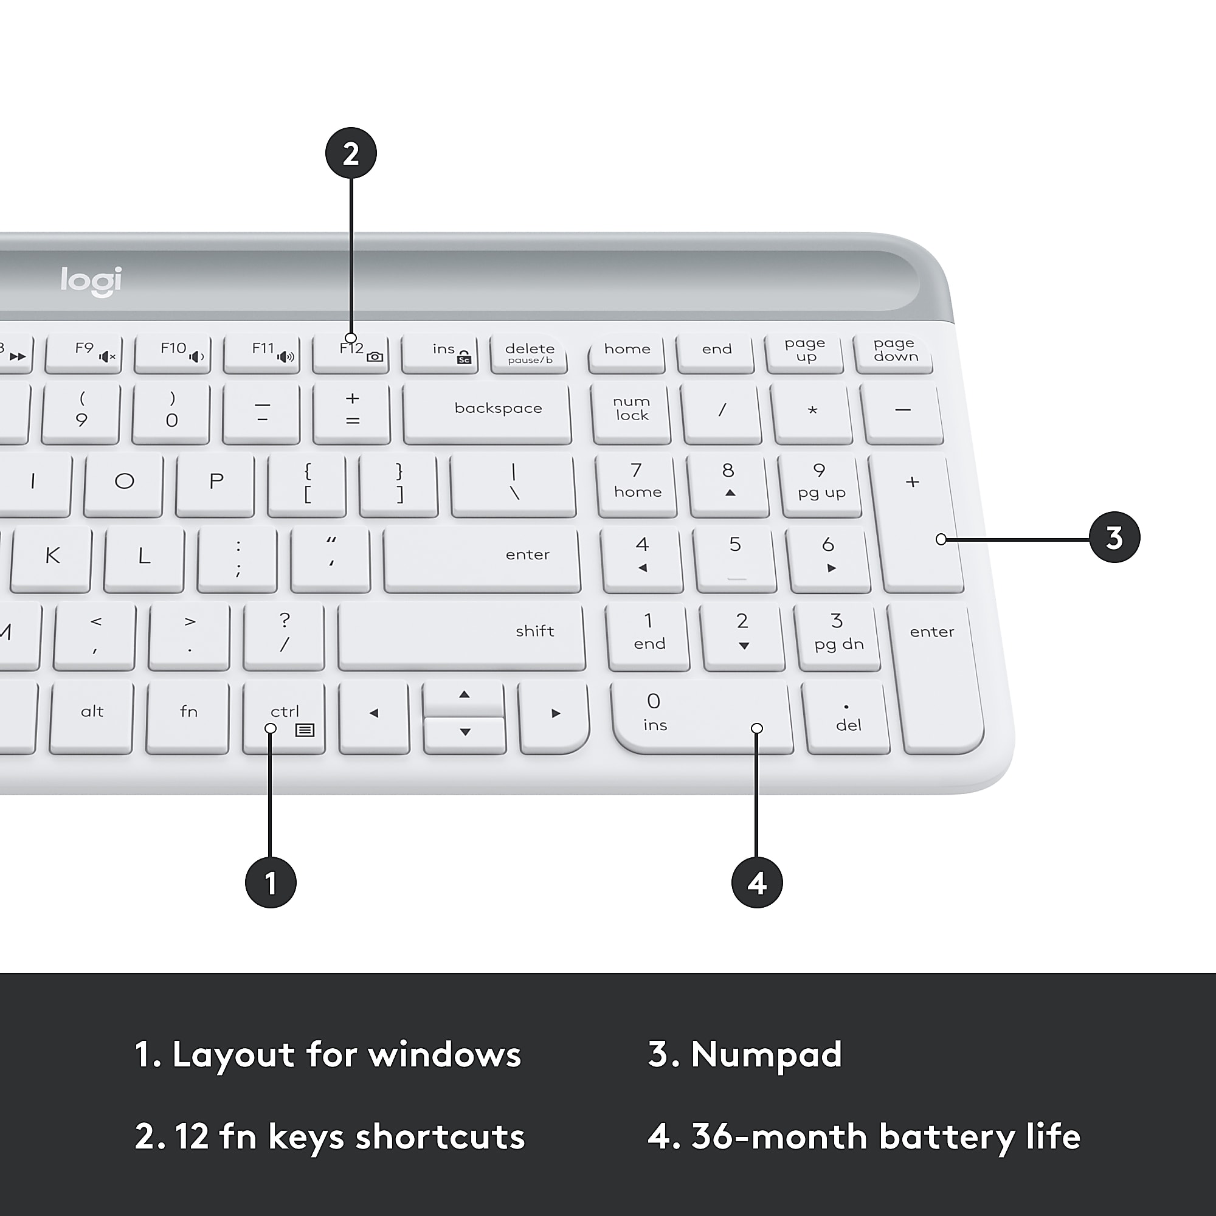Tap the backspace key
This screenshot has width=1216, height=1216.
tap(488, 412)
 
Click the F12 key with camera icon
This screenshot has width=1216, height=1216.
tap(351, 353)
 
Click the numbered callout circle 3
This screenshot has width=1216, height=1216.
tap(1114, 537)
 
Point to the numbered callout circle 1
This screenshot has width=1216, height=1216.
tap(271, 882)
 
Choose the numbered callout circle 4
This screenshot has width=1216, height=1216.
tap(756, 882)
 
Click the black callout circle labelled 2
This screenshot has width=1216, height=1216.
tap(351, 154)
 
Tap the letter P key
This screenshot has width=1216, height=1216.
tap(216, 483)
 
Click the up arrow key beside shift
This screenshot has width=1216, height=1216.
tap(464, 696)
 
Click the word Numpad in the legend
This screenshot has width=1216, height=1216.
tap(766, 1054)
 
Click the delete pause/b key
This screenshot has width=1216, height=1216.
tap(530, 353)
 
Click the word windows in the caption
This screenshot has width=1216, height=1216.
tap(444, 1054)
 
